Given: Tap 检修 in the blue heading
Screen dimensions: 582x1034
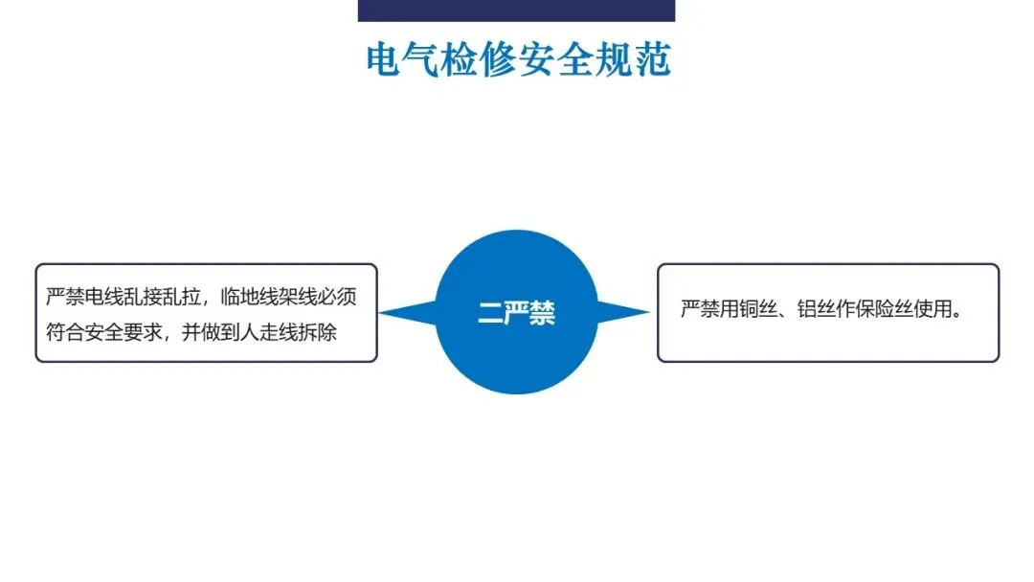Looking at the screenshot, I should click(x=475, y=59).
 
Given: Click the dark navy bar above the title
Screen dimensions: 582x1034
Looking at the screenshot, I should click(x=516, y=10).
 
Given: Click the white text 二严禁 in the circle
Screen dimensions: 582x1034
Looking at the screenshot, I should click(x=517, y=313).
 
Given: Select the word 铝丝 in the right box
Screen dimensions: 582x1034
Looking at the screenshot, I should click(x=821, y=311).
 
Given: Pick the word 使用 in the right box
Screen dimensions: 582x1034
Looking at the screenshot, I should click(x=940, y=311).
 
